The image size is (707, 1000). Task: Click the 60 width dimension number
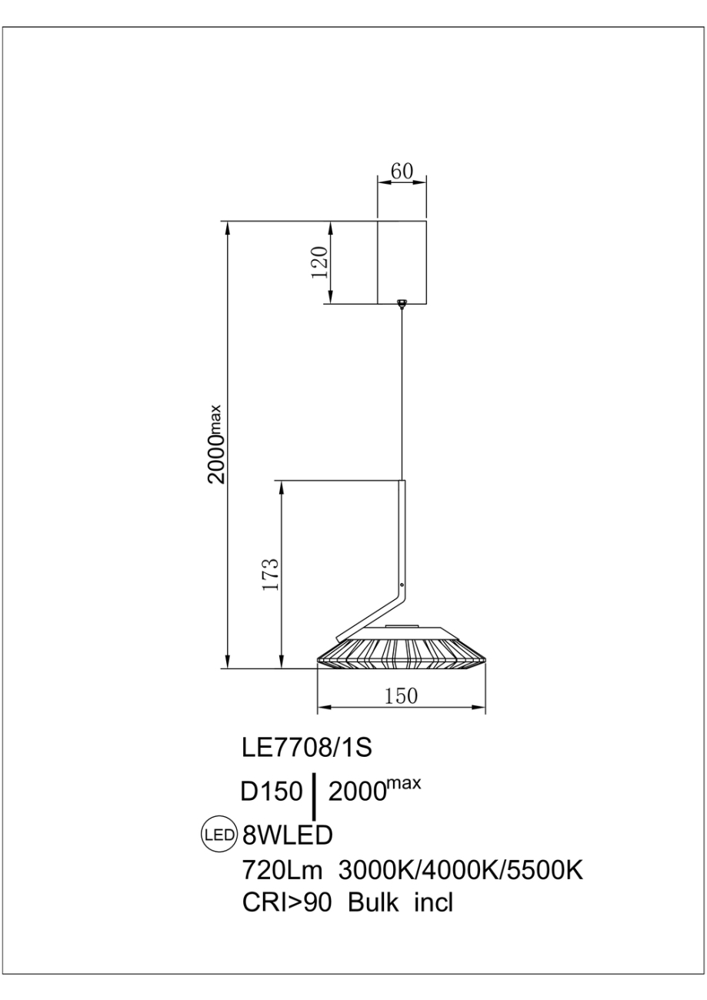tap(402, 171)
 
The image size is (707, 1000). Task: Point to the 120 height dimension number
tap(320, 262)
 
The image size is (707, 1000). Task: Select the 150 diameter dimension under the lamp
tap(401, 696)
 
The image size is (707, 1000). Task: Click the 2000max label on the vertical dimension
tap(216, 444)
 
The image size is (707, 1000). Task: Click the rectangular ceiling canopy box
tap(402, 262)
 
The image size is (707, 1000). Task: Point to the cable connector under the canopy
tap(402, 303)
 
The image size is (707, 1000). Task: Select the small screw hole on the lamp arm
tap(402, 585)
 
